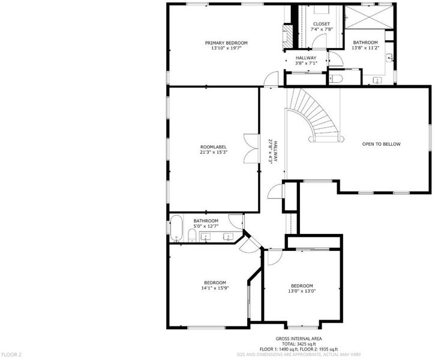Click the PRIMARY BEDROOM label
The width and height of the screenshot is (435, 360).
coord(226,43)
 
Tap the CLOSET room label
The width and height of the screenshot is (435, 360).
coord(322,24)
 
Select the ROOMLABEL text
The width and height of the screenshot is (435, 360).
coord(214,147)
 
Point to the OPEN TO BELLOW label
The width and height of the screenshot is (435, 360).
coord(381,144)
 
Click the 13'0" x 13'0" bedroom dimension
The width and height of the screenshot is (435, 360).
coord(302,291)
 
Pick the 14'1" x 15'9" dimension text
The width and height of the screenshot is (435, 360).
coord(215,288)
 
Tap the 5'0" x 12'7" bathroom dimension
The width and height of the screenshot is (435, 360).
coord(206,226)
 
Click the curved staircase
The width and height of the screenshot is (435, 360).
coord(315,115)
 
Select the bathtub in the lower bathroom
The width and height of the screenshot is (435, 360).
coord(176,228)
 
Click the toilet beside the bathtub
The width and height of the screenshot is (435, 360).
coord(192,236)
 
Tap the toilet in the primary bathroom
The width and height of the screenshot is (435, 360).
coord(335,79)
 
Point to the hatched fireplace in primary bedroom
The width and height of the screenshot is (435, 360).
coord(287,37)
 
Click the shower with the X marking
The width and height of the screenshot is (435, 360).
coord(368,17)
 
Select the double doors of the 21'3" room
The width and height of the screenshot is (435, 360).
coord(251,149)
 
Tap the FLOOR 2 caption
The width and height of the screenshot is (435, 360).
coord(11,355)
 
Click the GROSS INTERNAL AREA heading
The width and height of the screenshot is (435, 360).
coord(299,338)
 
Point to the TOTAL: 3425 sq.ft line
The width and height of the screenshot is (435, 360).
coord(299,344)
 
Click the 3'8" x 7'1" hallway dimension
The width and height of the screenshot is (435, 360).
coord(306,63)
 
